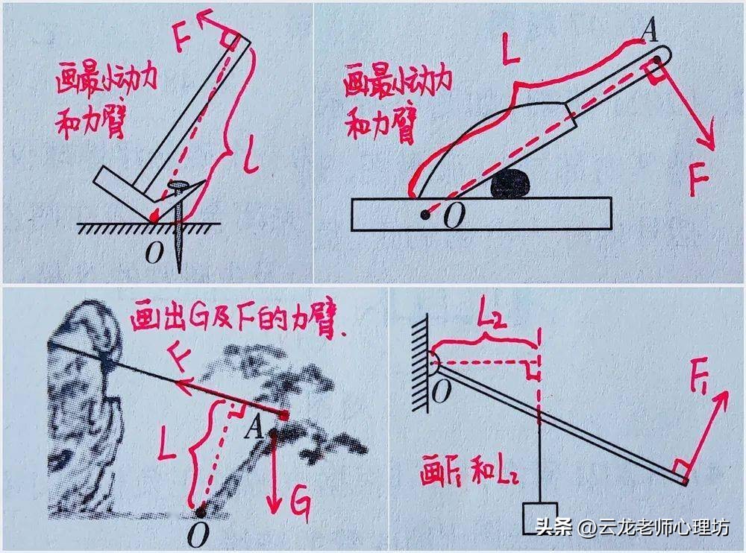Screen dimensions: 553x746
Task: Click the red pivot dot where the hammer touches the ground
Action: [x=154, y=217]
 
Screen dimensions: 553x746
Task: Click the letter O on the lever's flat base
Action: [x=453, y=217]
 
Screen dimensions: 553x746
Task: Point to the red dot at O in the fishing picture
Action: [x=201, y=511]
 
